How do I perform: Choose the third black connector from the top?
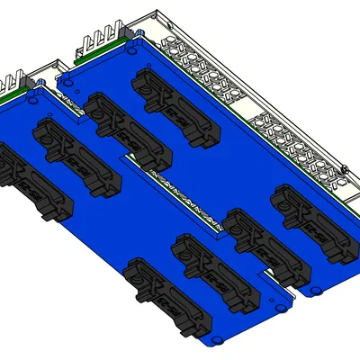pyautogui.click(x=76, y=154)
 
